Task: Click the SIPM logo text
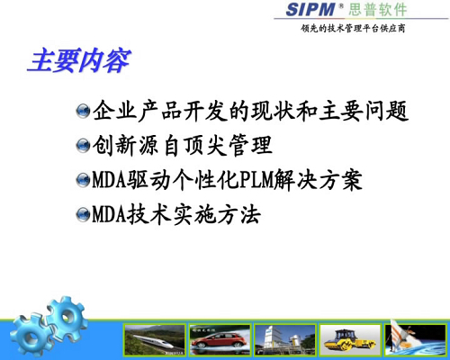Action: tap(310, 9)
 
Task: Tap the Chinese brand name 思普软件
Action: tap(377, 10)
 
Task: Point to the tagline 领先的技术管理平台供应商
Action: tap(353, 29)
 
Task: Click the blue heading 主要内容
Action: tap(80, 61)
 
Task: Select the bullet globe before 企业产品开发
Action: tap(83, 112)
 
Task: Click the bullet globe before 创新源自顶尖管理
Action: tap(83, 146)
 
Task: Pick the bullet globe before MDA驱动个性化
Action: tap(83, 180)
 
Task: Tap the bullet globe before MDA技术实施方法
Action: tap(83, 215)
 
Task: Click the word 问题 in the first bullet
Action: tap(387, 111)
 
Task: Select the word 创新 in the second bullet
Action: tap(114, 145)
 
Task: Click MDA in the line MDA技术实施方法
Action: tap(109, 214)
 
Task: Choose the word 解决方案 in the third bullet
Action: tap(318, 180)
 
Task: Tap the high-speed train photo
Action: tap(155, 340)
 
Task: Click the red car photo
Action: tap(220, 340)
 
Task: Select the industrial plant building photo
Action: tap(285, 340)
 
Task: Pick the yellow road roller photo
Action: tap(350, 340)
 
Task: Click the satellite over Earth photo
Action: tap(416, 340)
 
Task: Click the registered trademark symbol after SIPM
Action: tap(341, 5)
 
